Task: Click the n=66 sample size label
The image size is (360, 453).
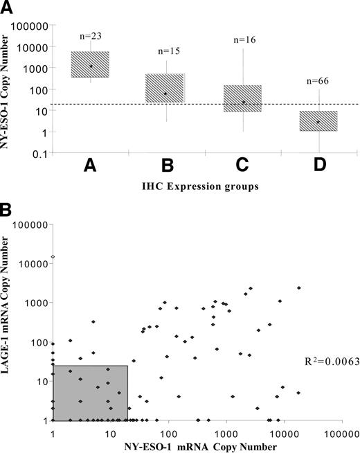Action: [x=318, y=81]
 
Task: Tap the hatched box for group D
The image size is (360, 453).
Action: [x=318, y=121]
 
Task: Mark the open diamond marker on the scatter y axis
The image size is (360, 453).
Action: [x=53, y=257]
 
